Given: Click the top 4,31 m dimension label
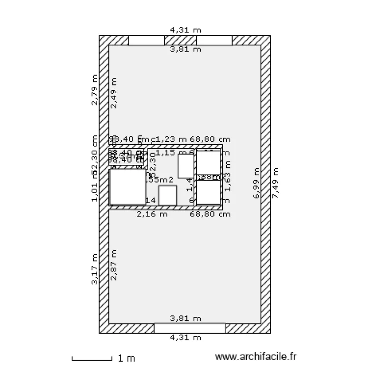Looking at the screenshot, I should (x=185, y=30).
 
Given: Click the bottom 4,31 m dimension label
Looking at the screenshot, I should (x=185, y=338).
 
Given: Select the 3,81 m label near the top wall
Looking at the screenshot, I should (x=185, y=49).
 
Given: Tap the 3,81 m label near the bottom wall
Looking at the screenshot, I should (x=185, y=318).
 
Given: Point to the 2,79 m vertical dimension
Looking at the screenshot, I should (x=95, y=90).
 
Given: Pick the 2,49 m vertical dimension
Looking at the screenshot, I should (x=114, y=93).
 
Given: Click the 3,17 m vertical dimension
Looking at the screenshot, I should (x=95, y=268).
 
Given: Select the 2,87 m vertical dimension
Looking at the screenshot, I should (x=114, y=265).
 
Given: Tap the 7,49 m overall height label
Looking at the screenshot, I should (x=275, y=183).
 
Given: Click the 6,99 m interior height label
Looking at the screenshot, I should (x=256, y=183).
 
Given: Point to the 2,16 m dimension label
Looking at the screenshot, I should (x=152, y=214).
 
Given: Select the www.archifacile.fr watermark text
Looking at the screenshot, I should (x=257, y=358).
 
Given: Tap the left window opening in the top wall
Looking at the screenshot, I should (x=146, y=41).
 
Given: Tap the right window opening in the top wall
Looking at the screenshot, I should (x=214, y=41).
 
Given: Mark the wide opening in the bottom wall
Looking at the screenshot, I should (x=190, y=328).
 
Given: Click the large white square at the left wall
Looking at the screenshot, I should (x=128, y=187).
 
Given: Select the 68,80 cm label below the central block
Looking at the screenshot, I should (x=210, y=214).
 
